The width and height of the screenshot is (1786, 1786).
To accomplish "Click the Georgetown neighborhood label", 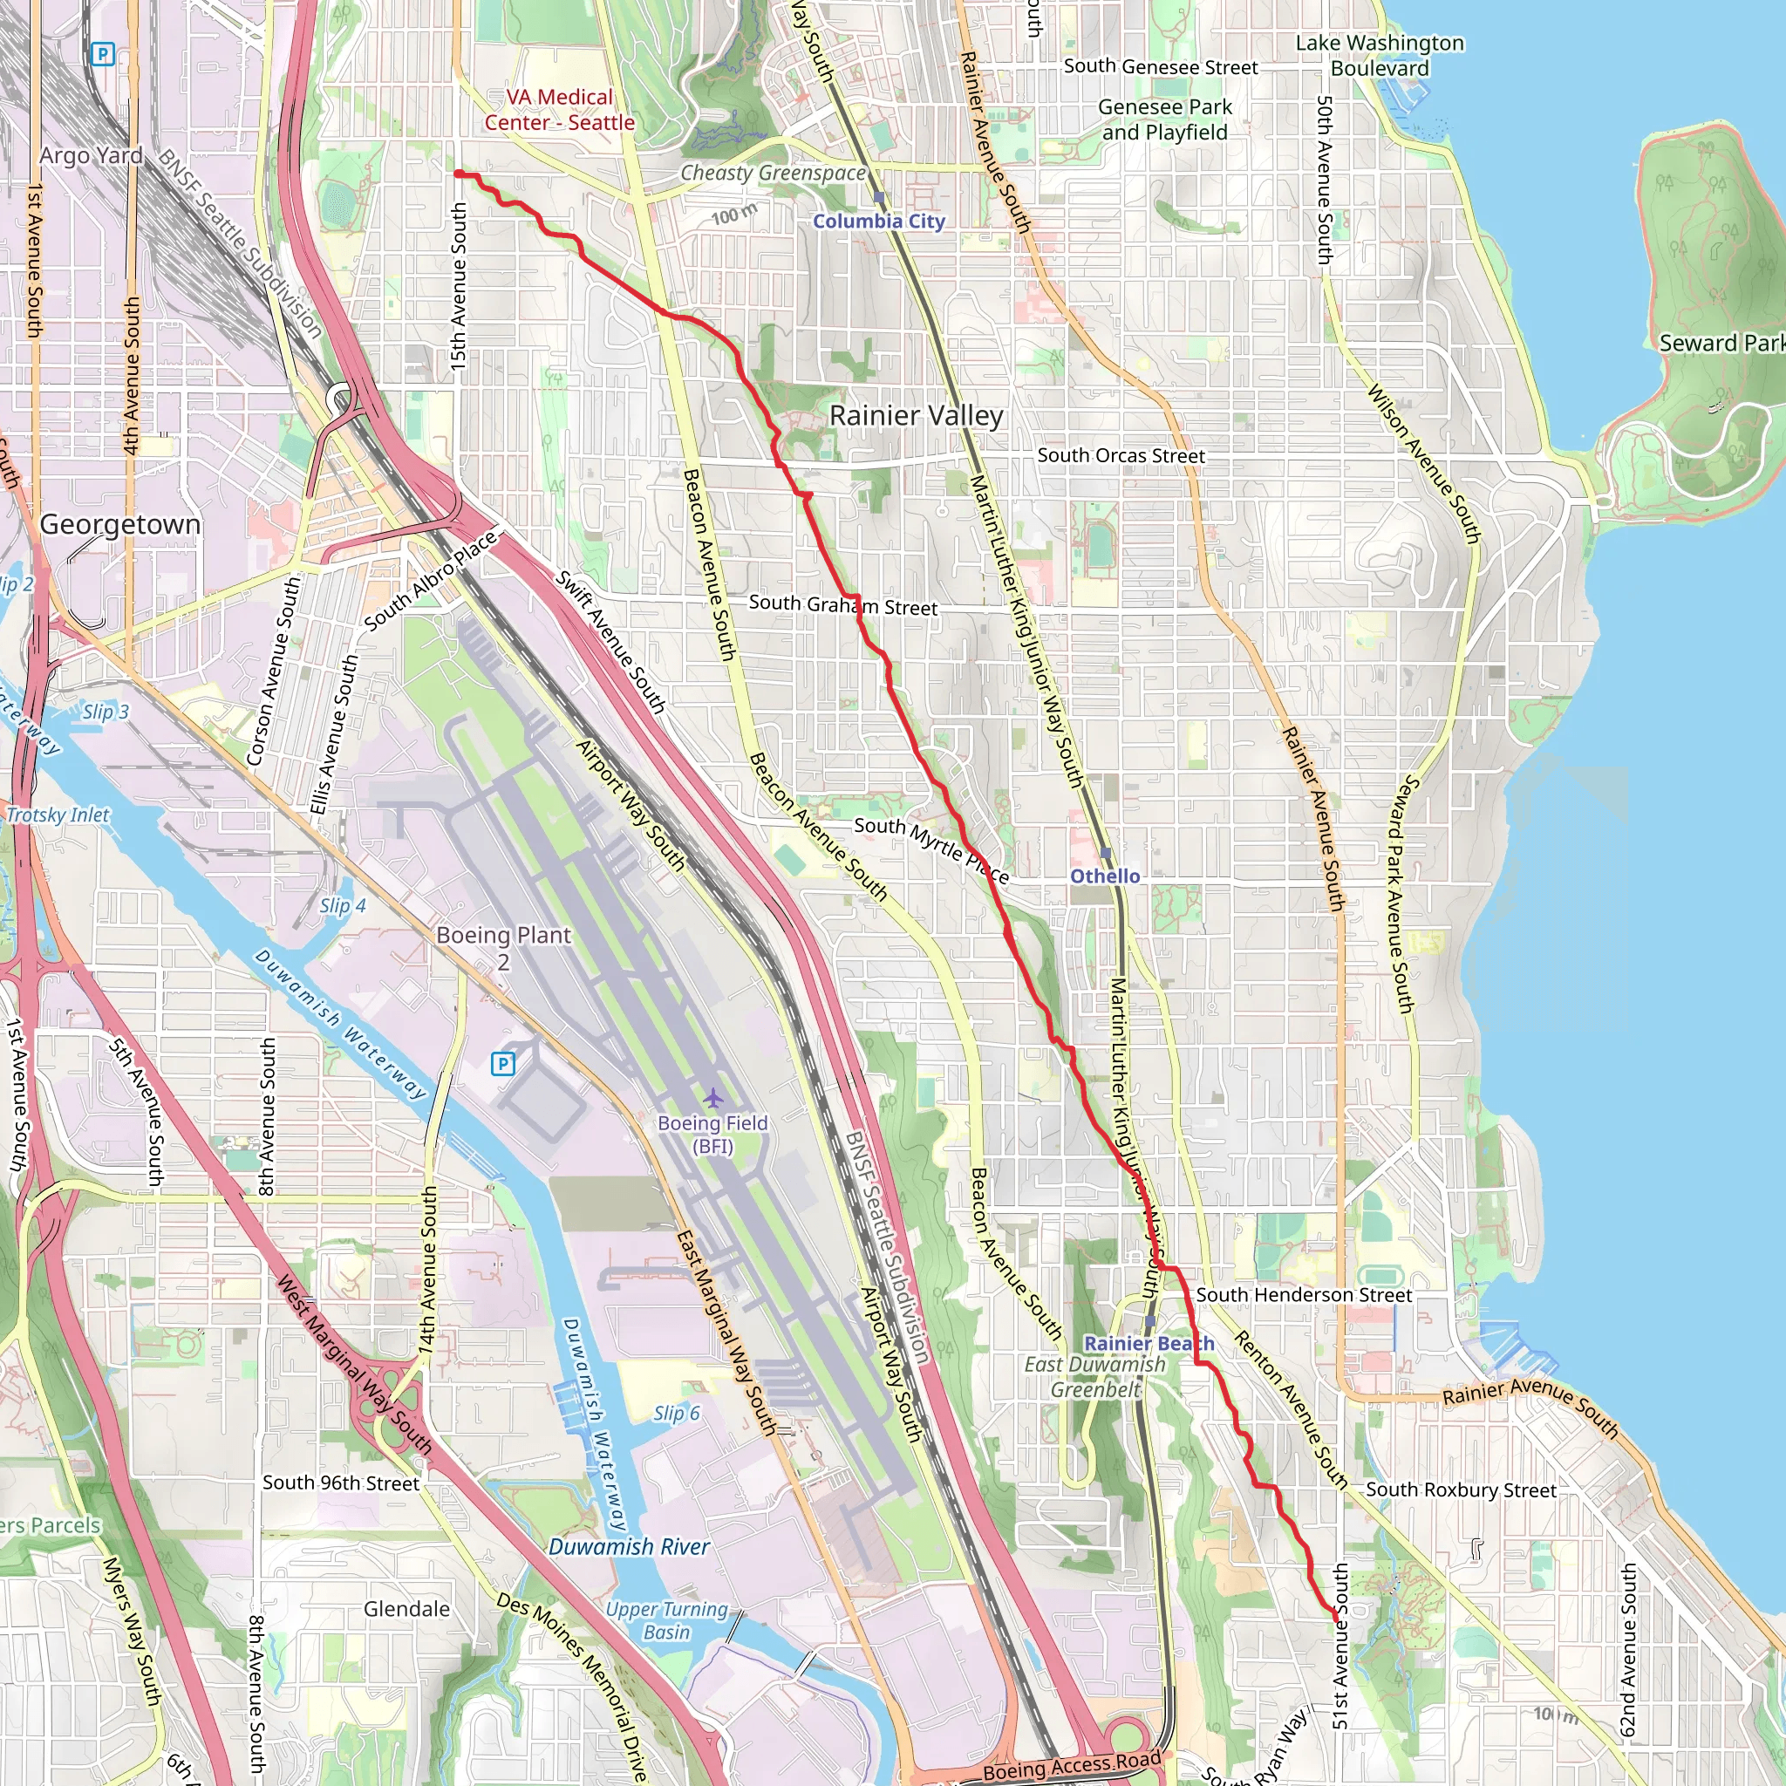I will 119,524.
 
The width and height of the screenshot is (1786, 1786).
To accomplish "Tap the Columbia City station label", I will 878,221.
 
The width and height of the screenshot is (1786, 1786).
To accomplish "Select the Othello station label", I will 1105,876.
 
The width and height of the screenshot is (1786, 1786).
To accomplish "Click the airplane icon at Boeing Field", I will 712,1098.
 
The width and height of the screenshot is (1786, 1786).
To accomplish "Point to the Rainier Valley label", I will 915,415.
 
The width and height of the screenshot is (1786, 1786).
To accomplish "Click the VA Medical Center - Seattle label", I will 559,110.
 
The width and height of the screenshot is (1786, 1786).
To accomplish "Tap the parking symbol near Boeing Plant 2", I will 502,1064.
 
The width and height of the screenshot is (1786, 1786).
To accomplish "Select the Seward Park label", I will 1720,343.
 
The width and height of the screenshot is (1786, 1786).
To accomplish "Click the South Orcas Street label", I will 1121,456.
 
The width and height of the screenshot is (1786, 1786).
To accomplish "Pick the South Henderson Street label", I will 1304,1295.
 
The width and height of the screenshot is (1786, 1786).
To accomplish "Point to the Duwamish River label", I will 629,1546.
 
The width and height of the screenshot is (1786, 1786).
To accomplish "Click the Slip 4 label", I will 342,906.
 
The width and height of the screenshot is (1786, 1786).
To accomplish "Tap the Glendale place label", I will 406,1608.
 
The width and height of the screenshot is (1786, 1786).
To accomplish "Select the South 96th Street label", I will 340,1483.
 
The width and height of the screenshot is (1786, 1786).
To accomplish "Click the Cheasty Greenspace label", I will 773,173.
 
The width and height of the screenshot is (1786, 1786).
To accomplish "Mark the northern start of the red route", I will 458,174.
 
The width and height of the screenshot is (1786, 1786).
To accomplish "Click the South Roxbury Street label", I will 1461,1490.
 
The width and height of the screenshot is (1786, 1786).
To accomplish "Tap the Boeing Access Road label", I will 1072,1767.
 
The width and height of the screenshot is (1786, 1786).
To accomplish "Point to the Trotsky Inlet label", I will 58,815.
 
